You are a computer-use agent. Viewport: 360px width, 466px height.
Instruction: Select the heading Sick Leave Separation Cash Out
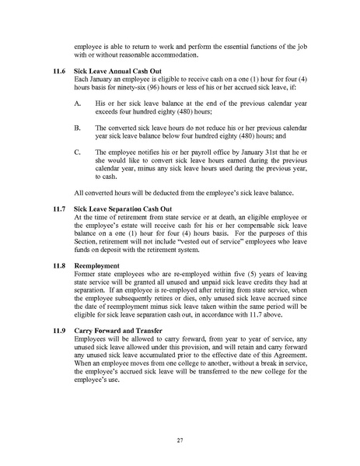click(121, 209)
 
